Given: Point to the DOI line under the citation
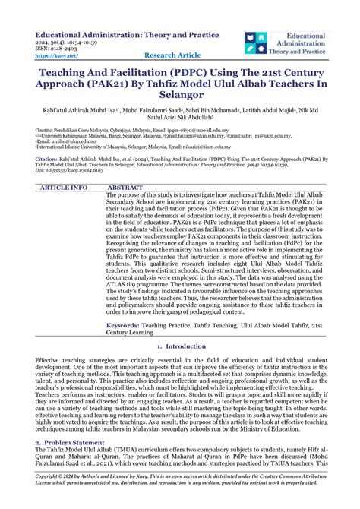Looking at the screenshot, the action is pos(75,194).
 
